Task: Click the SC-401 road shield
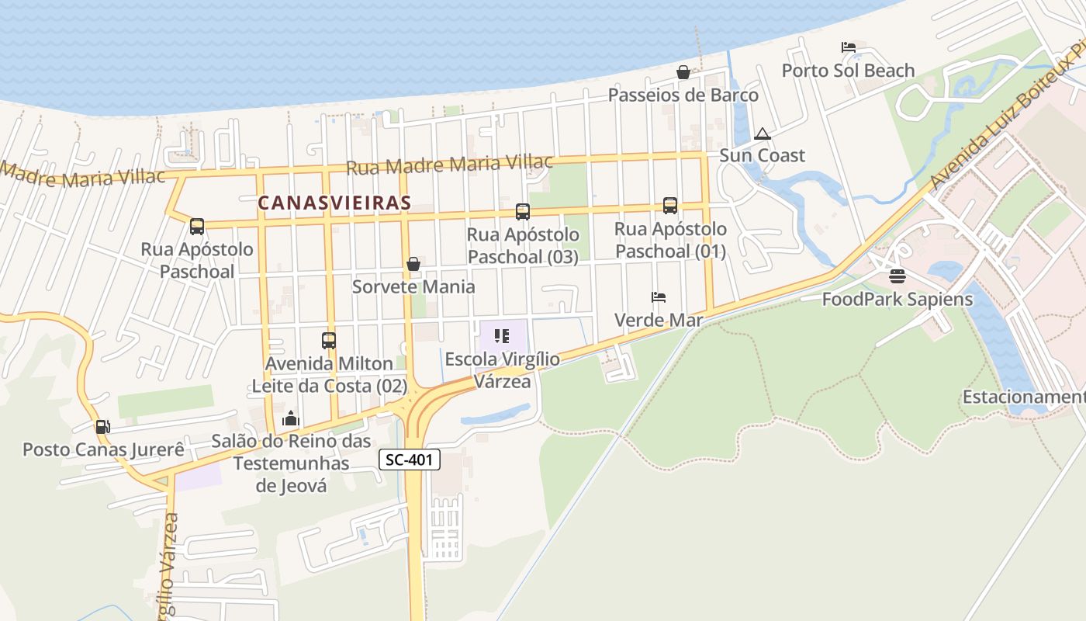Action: tap(410, 460)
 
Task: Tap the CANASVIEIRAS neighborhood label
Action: tap(334, 203)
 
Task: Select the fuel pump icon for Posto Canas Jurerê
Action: tap(102, 426)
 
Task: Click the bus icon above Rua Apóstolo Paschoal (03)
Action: tap(523, 211)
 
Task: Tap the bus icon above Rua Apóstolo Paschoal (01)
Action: tap(670, 206)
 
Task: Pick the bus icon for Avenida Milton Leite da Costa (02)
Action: tap(329, 340)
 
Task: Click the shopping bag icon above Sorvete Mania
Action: tap(413, 264)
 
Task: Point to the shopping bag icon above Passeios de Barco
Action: tap(683, 72)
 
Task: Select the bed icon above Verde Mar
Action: tap(659, 297)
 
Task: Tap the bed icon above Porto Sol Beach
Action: tap(848, 47)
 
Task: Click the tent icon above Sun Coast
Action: tap(763, 134)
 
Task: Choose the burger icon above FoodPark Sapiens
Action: tap(898, 276)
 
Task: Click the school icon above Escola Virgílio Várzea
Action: tap(502, 336)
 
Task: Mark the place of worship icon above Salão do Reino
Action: tap(291, 418)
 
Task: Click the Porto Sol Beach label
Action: tap(848, 71)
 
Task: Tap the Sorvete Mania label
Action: tap(413, 286)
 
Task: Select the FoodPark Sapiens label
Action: tap(898, 299)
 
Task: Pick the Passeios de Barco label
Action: tap(683, 95)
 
